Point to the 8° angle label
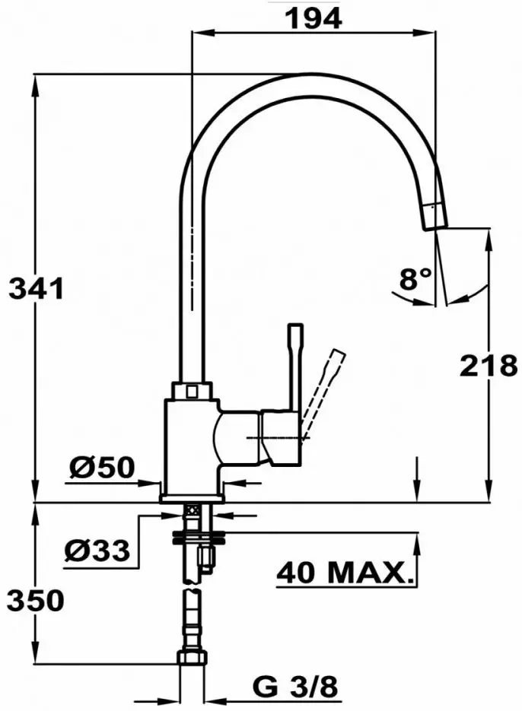pos(415,280)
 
